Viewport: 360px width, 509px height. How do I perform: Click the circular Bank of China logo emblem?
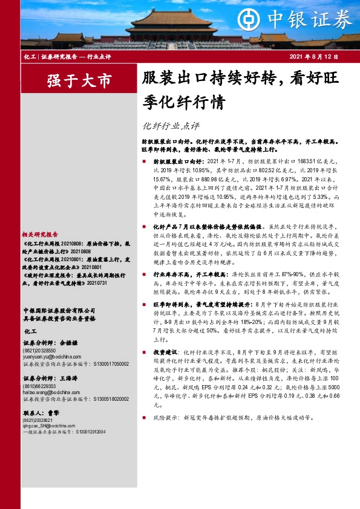[x=246, y=19]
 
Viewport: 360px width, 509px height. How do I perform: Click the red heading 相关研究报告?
[x=40, y=234]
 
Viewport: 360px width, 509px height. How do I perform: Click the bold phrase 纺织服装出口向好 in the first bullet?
[x=172, y=162]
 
